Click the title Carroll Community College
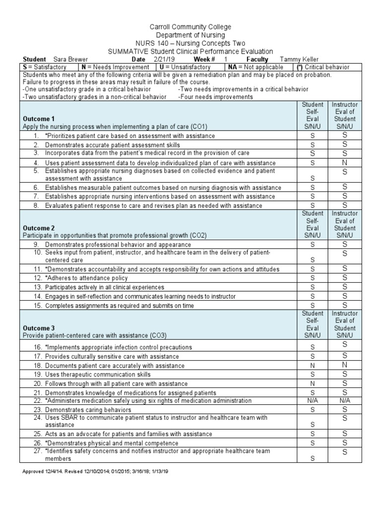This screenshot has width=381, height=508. pos(190,27)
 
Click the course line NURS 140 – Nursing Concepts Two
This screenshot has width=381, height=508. pos(190,43)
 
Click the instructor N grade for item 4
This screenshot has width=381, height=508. pos(344,163)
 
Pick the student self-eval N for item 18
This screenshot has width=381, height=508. pos(313,366)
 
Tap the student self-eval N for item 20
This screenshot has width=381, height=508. pos(313,383)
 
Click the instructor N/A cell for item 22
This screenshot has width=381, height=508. pos(344,401)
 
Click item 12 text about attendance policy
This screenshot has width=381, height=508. pos(86,278)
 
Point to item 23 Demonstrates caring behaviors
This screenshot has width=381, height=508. pos(88,410)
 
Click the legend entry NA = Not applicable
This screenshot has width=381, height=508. pos(256,67)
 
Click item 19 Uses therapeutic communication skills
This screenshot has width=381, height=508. pos(98,375)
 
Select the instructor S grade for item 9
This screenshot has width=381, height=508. pos(344,245)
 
